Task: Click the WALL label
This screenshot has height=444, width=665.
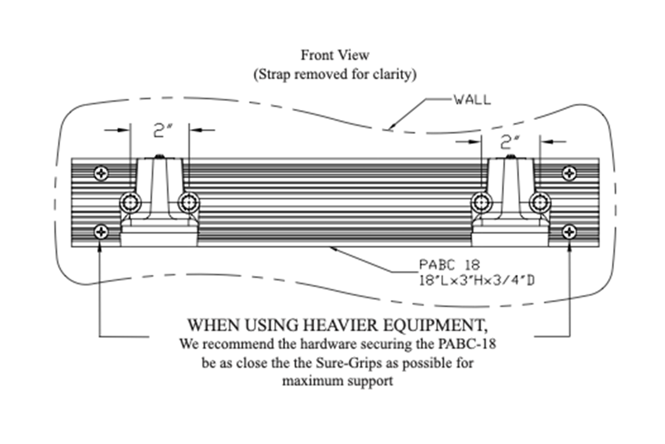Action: pyautogui.click(x=472, y=100)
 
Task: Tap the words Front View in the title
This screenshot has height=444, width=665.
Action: pyautogui.click(x=335, y=55)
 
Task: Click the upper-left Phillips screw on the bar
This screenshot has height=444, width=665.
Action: pyautogui.click(x=101, y=173)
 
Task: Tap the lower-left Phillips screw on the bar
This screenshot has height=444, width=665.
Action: pyautogui.click(x=101, y=231)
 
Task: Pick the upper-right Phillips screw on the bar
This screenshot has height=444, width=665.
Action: pyautogui.click(x=569, y=173)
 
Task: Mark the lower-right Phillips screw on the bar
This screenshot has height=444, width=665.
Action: pyautogui.click(x=569, y=231)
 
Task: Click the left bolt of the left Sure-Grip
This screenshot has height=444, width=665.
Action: pyautogui.click(x=130, y=203)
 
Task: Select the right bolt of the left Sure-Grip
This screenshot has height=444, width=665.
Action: pyautogui.click(x=189, y=203)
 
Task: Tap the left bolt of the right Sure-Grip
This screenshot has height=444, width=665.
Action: pyautogui.click(x=481, y=203)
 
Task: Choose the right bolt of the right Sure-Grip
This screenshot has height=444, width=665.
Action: pyautogui.click(x=539, y=203)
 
